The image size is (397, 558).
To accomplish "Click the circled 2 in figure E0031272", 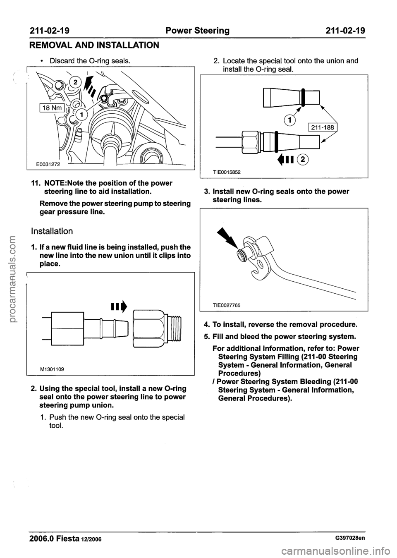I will tap(76, 82).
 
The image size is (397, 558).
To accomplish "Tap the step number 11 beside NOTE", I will tap(33, 183).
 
